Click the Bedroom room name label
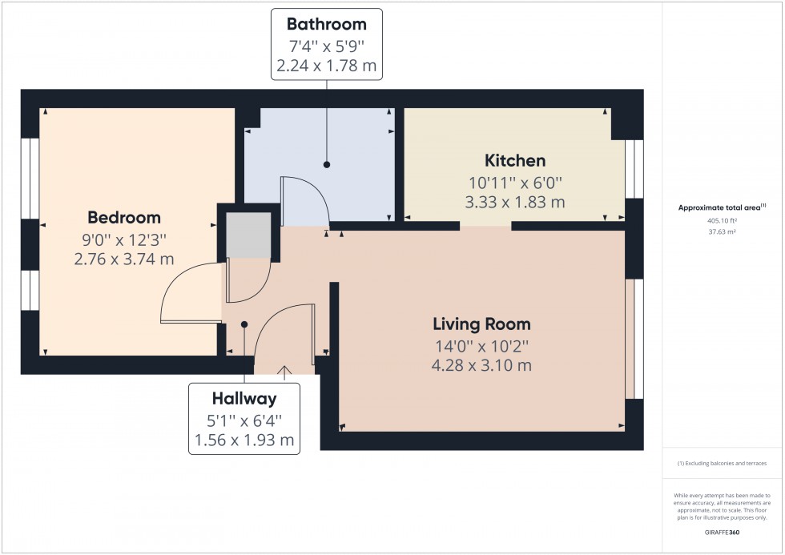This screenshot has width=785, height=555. pyautogui.click(x=124, y=217)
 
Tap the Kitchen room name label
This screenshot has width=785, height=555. pyautogui.click(x=515, y=160)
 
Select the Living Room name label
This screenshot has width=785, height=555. pyautogui.click(x=481, y=324)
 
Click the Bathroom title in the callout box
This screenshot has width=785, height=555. pyautogui.click(x=327, y=24)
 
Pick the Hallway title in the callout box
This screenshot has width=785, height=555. pyautogui.click(x=244, y=398)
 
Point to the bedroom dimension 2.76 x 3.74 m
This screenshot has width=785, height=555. pyautogui.click(x=124, y=259)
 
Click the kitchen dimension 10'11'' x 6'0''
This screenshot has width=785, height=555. pyautogui.click(x=515, y=182)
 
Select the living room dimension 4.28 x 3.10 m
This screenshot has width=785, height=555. pyautogui.click(x=481, y=366)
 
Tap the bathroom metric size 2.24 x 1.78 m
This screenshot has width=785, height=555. pyautogui.click(x=327, y=66)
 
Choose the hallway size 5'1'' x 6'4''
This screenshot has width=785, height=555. pyautogui.click(x=244, y=419)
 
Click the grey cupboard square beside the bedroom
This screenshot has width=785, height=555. pyautogui.click(x=248, y=235)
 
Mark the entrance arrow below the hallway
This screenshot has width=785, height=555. pyautogui.click(x=284, y=370)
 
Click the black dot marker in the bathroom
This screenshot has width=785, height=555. pyautogui.click(x=327, y=164)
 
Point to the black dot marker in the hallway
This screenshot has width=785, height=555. pyautogui.click(x=244, y=324)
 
